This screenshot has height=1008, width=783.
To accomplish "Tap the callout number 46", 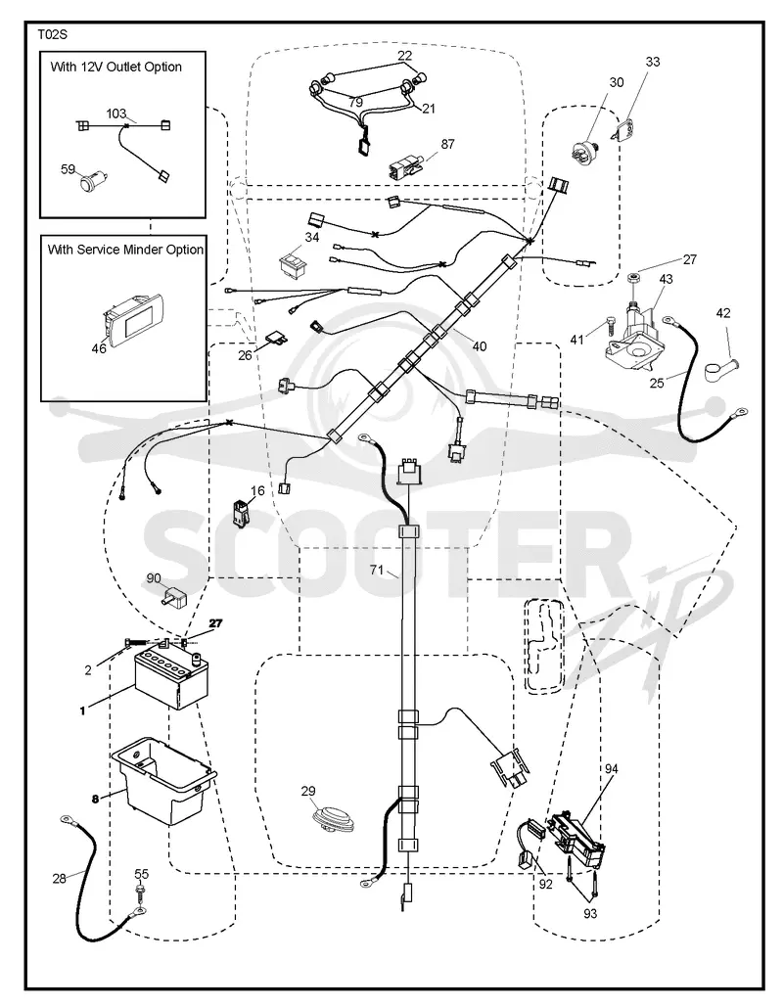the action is (98, 349).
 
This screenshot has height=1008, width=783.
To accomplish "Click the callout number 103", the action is (115, 114).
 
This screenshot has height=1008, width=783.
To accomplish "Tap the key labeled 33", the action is (620, 130).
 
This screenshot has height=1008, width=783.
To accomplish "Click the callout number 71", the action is (377, 570).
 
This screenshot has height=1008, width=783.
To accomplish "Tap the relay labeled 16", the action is (241, 512).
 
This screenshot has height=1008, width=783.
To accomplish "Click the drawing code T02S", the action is (52, 34).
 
